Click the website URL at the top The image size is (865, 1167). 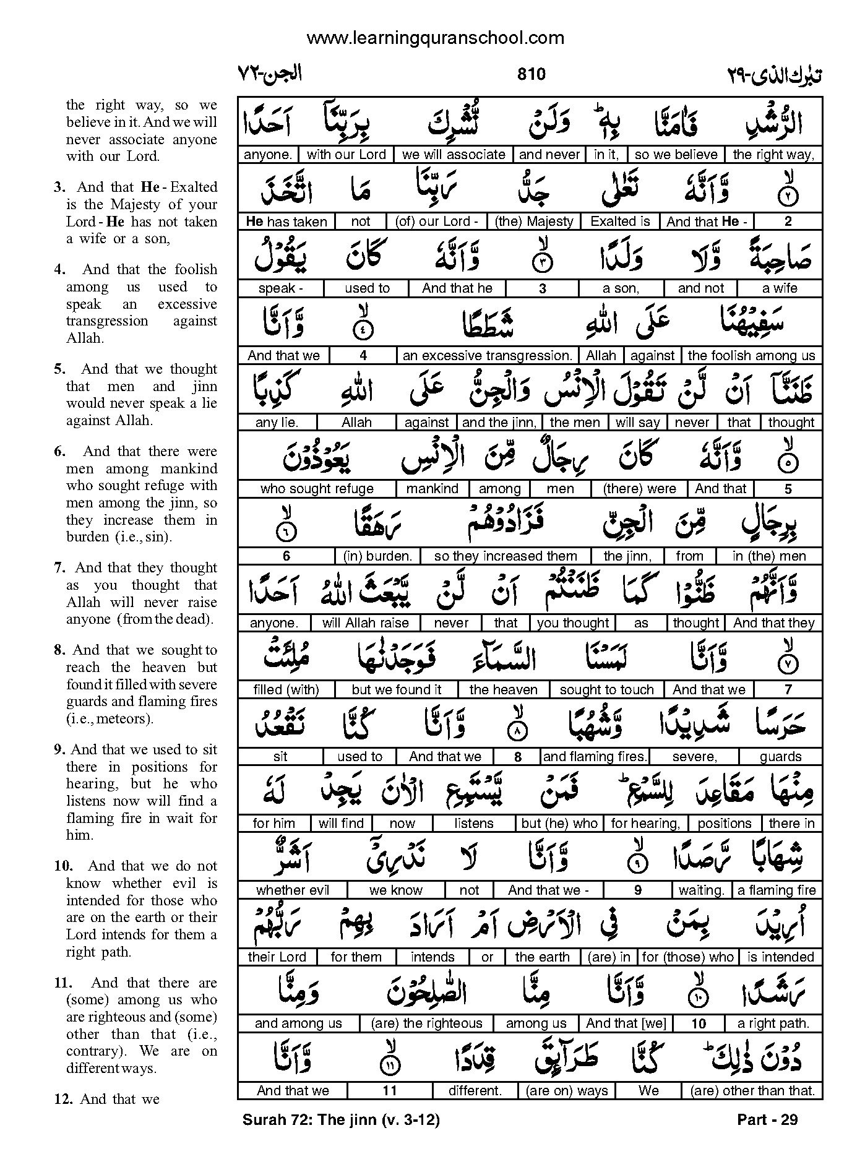[x=435, y=38]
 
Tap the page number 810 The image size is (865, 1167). [x=530, y=74]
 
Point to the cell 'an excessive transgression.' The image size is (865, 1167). [x=487, y=356]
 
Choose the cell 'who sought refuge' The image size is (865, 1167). [x=317, y=489]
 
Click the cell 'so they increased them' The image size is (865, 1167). [x=506, y=556]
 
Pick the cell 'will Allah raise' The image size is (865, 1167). [x=366, y=623]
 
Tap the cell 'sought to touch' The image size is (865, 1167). [x=606, y=690]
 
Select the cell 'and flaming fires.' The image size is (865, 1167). [x=594, y=757]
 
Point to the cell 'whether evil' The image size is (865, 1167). [x=293, y=890]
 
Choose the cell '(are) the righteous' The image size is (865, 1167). [x=426, y=1024]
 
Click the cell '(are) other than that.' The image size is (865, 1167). [x=752, y=1091]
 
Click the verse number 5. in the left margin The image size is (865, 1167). [x=59, y=369]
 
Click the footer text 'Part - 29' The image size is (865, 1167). [x=767, y=1119]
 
